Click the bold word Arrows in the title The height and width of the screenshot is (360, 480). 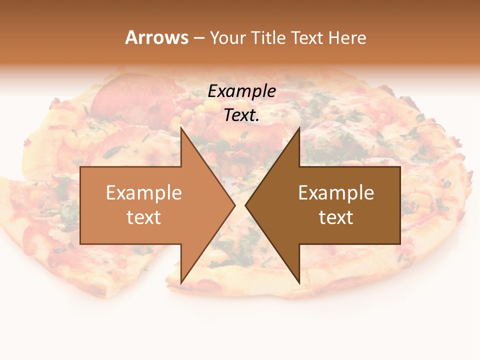[x=156, y=37]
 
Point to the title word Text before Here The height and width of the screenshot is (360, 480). [x=309, y=38]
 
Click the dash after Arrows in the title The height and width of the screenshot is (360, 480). [x=198, y=38]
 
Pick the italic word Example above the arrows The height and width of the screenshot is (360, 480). [x=241, y=91]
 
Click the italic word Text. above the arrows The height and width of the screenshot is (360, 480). [x=241, y=115]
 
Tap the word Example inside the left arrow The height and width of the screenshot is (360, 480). [x=143, y=193]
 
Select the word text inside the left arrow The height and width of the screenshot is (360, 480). [x=143, y=217]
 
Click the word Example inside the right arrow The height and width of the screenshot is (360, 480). [x=336, y=193]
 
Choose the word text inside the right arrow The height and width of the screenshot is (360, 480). [x=336, y=217]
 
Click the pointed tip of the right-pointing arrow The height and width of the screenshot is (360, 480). [x=235, y=205]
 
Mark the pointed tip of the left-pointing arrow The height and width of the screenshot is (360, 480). [x=245, y=205]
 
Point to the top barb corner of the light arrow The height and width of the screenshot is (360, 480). [x=181, y=127]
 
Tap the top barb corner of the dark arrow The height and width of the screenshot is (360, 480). [x=299, y=127]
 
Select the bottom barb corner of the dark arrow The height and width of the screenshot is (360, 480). [x=299, y=283]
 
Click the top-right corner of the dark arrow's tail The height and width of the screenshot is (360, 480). [x=400, y=166]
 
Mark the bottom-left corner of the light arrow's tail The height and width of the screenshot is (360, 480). [x=80, y=244]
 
